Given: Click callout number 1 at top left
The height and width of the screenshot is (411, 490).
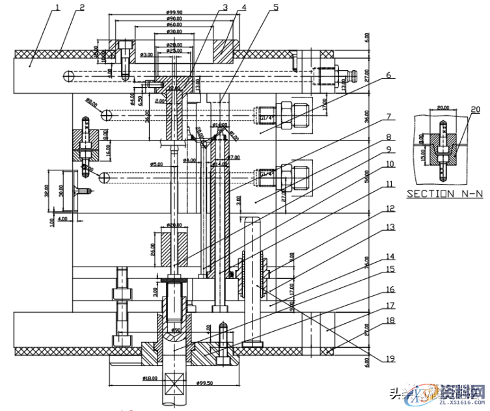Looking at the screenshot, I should [57, 7].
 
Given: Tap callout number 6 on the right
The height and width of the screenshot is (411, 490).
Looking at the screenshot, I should [388, 75].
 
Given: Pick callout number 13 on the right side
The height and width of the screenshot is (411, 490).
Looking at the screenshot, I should [388, 227].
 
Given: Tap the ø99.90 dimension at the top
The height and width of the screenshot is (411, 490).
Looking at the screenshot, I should [174, 12].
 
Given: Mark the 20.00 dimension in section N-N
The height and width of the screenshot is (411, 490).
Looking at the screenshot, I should [442, 109].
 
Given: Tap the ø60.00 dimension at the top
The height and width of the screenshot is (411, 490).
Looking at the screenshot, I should [174, 25].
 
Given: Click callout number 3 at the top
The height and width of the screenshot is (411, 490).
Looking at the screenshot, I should [225, 7].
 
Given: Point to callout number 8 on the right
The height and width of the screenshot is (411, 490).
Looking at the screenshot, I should [388, 137].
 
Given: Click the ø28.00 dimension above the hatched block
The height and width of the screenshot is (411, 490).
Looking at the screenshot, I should [174, 225].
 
